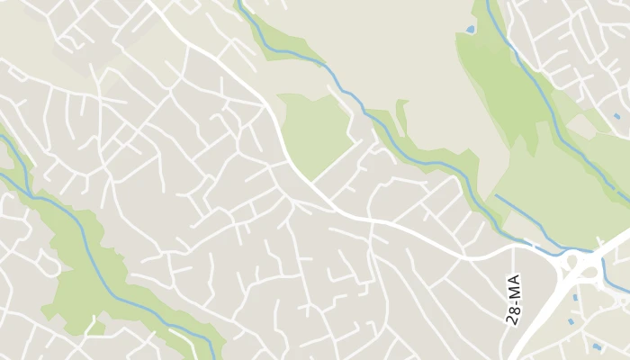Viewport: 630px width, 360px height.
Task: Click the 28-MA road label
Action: click(514, 301)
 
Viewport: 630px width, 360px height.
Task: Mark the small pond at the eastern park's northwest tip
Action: click(470, 30)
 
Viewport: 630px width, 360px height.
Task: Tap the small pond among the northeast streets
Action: click(616, 116)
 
